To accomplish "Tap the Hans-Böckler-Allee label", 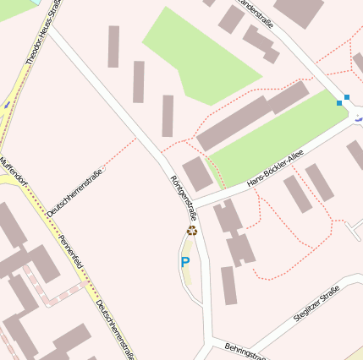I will coord(275,170).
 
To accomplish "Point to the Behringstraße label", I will coord(245,351).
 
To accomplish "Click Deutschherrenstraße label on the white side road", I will coord(75,194).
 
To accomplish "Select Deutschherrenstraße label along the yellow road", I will coord(115,330).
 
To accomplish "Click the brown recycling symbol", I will coord(192,230).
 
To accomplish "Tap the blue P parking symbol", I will coord(185,263).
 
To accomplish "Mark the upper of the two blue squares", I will coord(347,97).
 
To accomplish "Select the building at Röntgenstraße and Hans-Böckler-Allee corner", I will coord(197,173).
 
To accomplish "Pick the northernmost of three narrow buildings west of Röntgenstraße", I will coord(113,46).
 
